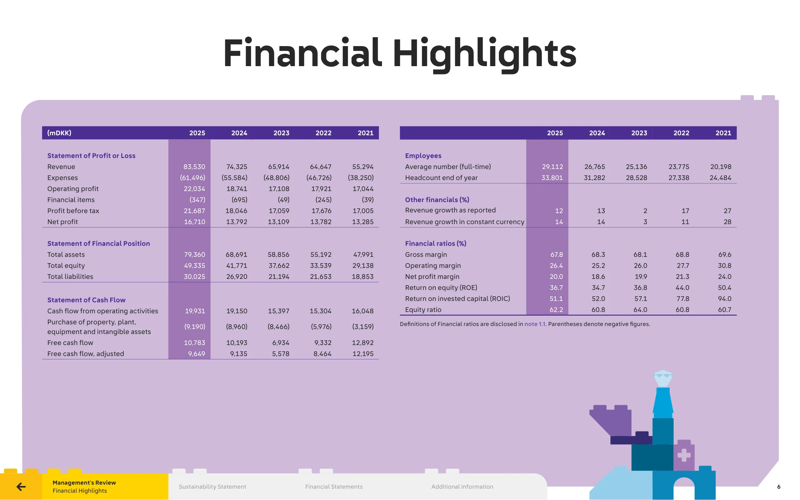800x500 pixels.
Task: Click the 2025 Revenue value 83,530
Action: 194,167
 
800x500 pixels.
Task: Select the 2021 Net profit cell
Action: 363,222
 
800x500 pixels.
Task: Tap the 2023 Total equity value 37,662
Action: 279,266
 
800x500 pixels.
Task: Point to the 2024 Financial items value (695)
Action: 239,200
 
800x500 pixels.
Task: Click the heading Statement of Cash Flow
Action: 86,300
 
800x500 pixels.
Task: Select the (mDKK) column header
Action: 59,133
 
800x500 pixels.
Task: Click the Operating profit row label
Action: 73,189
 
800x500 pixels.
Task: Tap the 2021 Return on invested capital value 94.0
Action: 724,299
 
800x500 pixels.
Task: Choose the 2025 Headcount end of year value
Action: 552,178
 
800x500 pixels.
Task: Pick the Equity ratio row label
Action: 423,310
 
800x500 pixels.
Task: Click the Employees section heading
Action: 423,156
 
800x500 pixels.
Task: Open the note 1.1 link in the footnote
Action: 535,324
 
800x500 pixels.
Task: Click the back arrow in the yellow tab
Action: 21,487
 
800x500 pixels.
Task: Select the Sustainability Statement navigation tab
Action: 213,487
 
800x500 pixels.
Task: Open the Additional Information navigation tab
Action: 462,487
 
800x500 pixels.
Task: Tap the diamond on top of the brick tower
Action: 663,378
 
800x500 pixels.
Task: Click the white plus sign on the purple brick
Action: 684,455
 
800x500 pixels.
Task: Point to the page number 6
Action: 779,487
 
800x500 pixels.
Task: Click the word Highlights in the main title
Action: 485,53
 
